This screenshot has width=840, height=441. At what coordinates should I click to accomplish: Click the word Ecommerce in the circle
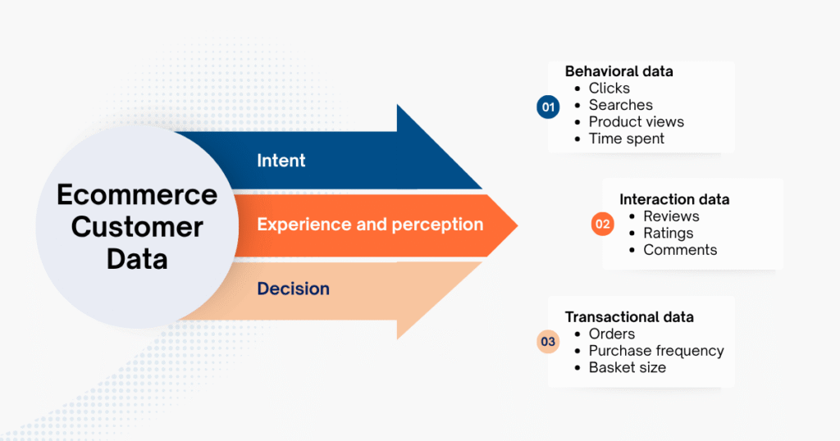click(137, 195)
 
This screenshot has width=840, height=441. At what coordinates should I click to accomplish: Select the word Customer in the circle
click(137, 226)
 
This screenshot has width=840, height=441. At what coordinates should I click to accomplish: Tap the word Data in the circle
click(137, 258)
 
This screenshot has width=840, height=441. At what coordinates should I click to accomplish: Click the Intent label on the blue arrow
click(281, 161)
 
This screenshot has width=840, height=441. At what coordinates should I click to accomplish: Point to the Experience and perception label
click(370, 225)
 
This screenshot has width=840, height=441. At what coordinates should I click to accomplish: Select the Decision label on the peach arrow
click(293, 289)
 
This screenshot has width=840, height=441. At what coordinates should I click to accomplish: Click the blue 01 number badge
click(548, 107)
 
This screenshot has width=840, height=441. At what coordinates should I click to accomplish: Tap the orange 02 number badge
click(603, 225)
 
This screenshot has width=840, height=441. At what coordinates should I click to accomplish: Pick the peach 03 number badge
click(548, 342)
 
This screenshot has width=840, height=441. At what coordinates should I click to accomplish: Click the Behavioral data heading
click(619, 71)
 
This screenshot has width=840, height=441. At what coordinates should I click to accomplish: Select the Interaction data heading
click(674, 199)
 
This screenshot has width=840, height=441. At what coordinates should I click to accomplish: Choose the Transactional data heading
click(629, 316)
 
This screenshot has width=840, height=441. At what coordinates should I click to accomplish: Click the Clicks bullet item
click(609, 89)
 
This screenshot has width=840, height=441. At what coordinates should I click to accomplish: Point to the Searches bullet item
click(621, 105)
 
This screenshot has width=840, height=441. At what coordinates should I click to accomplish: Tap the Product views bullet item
click(637, 122)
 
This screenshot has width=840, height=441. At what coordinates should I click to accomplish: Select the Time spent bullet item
click(627, 139)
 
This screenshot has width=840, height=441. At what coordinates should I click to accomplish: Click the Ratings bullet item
click(668, 234)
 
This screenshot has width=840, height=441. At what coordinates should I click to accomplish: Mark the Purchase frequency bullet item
click(656, 351)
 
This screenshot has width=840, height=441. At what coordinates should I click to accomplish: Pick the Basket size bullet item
click(628, 367)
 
